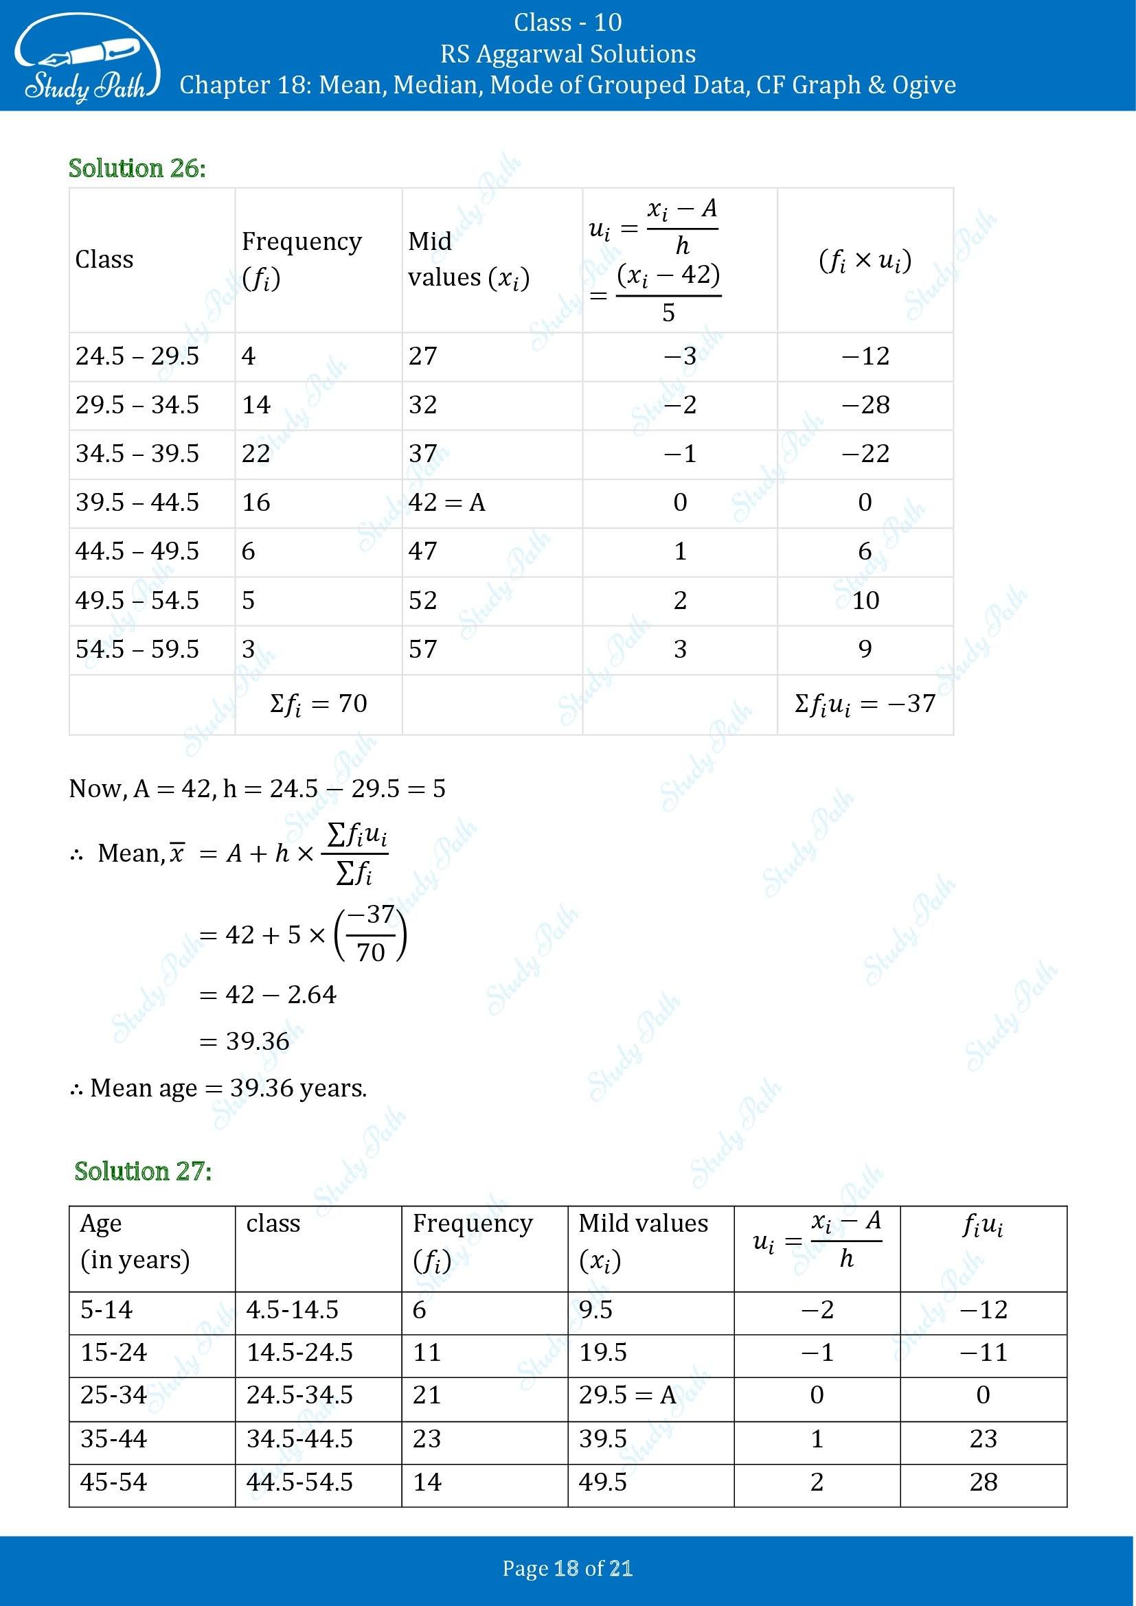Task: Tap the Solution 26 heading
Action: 137,169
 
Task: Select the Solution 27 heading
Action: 143,1171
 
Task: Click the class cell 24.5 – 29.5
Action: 137,356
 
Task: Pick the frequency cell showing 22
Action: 256,454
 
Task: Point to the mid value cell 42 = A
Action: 446,503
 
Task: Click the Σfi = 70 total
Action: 318,703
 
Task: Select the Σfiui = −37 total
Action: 865,704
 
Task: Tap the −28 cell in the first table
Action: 865,405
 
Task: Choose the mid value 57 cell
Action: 423,649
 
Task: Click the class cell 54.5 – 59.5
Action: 137,649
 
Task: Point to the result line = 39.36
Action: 245,1042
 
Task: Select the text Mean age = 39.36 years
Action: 219,1088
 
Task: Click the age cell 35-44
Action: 113,1439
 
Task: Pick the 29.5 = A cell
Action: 628,1395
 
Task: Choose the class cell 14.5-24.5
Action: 299,1352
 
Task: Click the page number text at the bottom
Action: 567,1569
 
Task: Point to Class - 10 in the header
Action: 567,23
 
